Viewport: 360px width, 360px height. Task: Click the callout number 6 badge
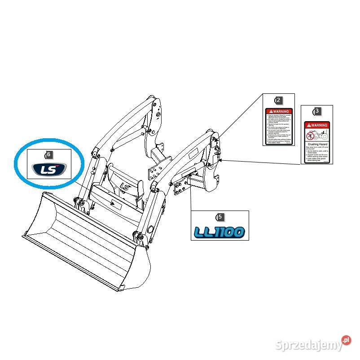(49, 154)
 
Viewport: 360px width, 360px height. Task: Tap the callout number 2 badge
(279, 100)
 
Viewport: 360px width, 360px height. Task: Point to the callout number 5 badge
(220, 217)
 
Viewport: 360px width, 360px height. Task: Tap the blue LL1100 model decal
(220, 232)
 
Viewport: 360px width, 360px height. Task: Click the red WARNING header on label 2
(279, 111)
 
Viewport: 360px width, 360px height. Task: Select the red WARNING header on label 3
(317, 125)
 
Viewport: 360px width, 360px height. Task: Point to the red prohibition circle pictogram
(309, 135)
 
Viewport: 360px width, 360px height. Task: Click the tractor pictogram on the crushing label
(321, 135)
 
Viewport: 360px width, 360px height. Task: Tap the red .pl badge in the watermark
(346, 340)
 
